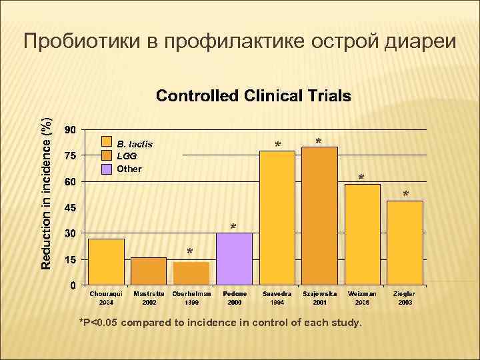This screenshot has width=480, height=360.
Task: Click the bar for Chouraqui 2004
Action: [x=107, y=262]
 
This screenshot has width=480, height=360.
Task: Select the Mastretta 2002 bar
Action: [x=149, y=271]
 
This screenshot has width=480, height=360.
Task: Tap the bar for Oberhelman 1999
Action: [x=191, y=273]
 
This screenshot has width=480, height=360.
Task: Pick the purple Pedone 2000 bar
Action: [x=234, y=259]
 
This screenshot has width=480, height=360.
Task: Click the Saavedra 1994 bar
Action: [x=277, y=218]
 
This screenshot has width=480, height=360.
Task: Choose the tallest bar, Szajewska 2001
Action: [x=319, y=216]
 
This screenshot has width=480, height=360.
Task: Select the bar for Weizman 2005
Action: [x=363, y=235]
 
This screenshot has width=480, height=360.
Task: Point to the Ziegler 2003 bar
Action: [x=405, y=243]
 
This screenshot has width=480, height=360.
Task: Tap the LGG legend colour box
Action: [x=107, y=155]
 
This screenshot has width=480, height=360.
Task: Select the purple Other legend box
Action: [x=107, y=168]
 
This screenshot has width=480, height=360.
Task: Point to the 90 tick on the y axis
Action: [x=70, y=129]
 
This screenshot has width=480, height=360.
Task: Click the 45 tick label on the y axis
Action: [x=70, y=208]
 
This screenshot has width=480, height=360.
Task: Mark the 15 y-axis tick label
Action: [x=70, y=260]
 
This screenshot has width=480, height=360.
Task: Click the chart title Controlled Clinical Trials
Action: [x=253, y=96]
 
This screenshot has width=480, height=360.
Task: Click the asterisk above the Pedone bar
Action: [x=233, y=227]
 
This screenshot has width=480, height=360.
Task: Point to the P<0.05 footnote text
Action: [x=221, y=323]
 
